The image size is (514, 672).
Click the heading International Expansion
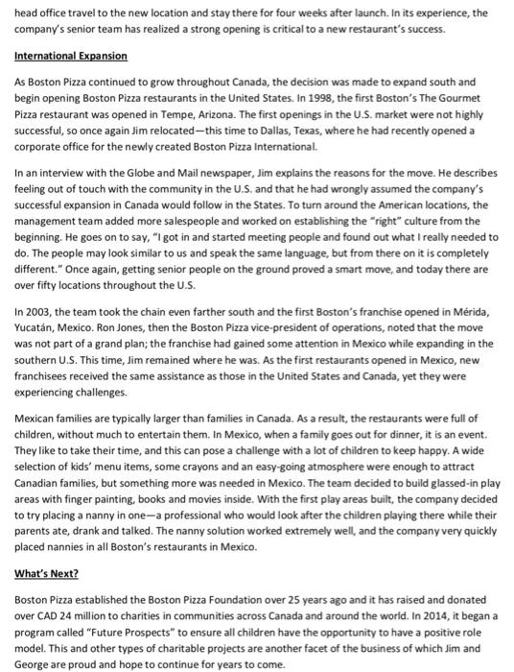pos(70,57)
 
